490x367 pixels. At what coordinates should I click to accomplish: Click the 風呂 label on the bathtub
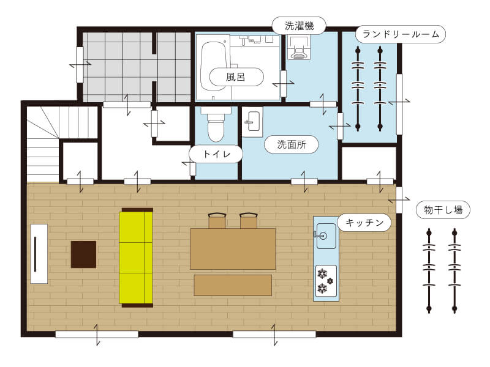236,77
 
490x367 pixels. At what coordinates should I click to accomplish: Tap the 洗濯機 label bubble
300,26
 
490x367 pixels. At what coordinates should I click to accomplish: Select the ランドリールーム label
401,34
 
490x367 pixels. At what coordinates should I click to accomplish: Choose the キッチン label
364,223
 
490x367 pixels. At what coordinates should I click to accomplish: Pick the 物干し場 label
443,210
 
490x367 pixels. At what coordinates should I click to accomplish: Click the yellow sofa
135,257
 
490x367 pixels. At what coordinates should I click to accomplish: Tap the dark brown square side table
83,254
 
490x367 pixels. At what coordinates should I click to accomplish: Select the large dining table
233,248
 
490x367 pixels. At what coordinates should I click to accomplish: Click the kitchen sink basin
325,235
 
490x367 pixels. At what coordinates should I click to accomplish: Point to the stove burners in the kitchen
325,280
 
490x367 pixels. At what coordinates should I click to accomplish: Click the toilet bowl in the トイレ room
216,127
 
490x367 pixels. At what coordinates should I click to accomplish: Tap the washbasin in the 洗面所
252,122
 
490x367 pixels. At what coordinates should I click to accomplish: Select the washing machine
300,48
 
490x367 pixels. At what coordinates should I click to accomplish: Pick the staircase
43,144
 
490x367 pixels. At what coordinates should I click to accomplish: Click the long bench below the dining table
233,285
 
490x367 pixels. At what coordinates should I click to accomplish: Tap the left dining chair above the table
217,221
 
